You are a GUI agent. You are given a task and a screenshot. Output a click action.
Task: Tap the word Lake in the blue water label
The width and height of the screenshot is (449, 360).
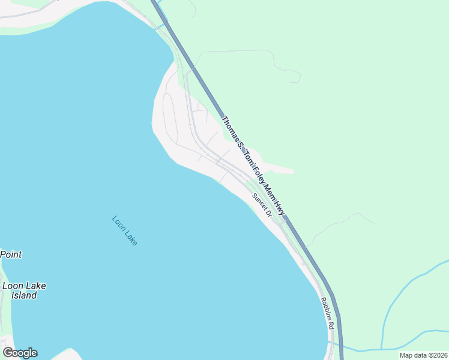pos(131,237)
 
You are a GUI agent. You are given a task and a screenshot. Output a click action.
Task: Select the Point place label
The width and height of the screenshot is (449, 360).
pos(11,254)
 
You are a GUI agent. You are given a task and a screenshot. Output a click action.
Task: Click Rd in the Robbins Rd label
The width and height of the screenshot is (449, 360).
pos(330,325)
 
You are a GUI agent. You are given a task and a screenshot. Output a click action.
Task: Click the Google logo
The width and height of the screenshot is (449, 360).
pos(20,353)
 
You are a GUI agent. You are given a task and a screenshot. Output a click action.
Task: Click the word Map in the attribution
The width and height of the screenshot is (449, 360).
pos(406,355)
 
